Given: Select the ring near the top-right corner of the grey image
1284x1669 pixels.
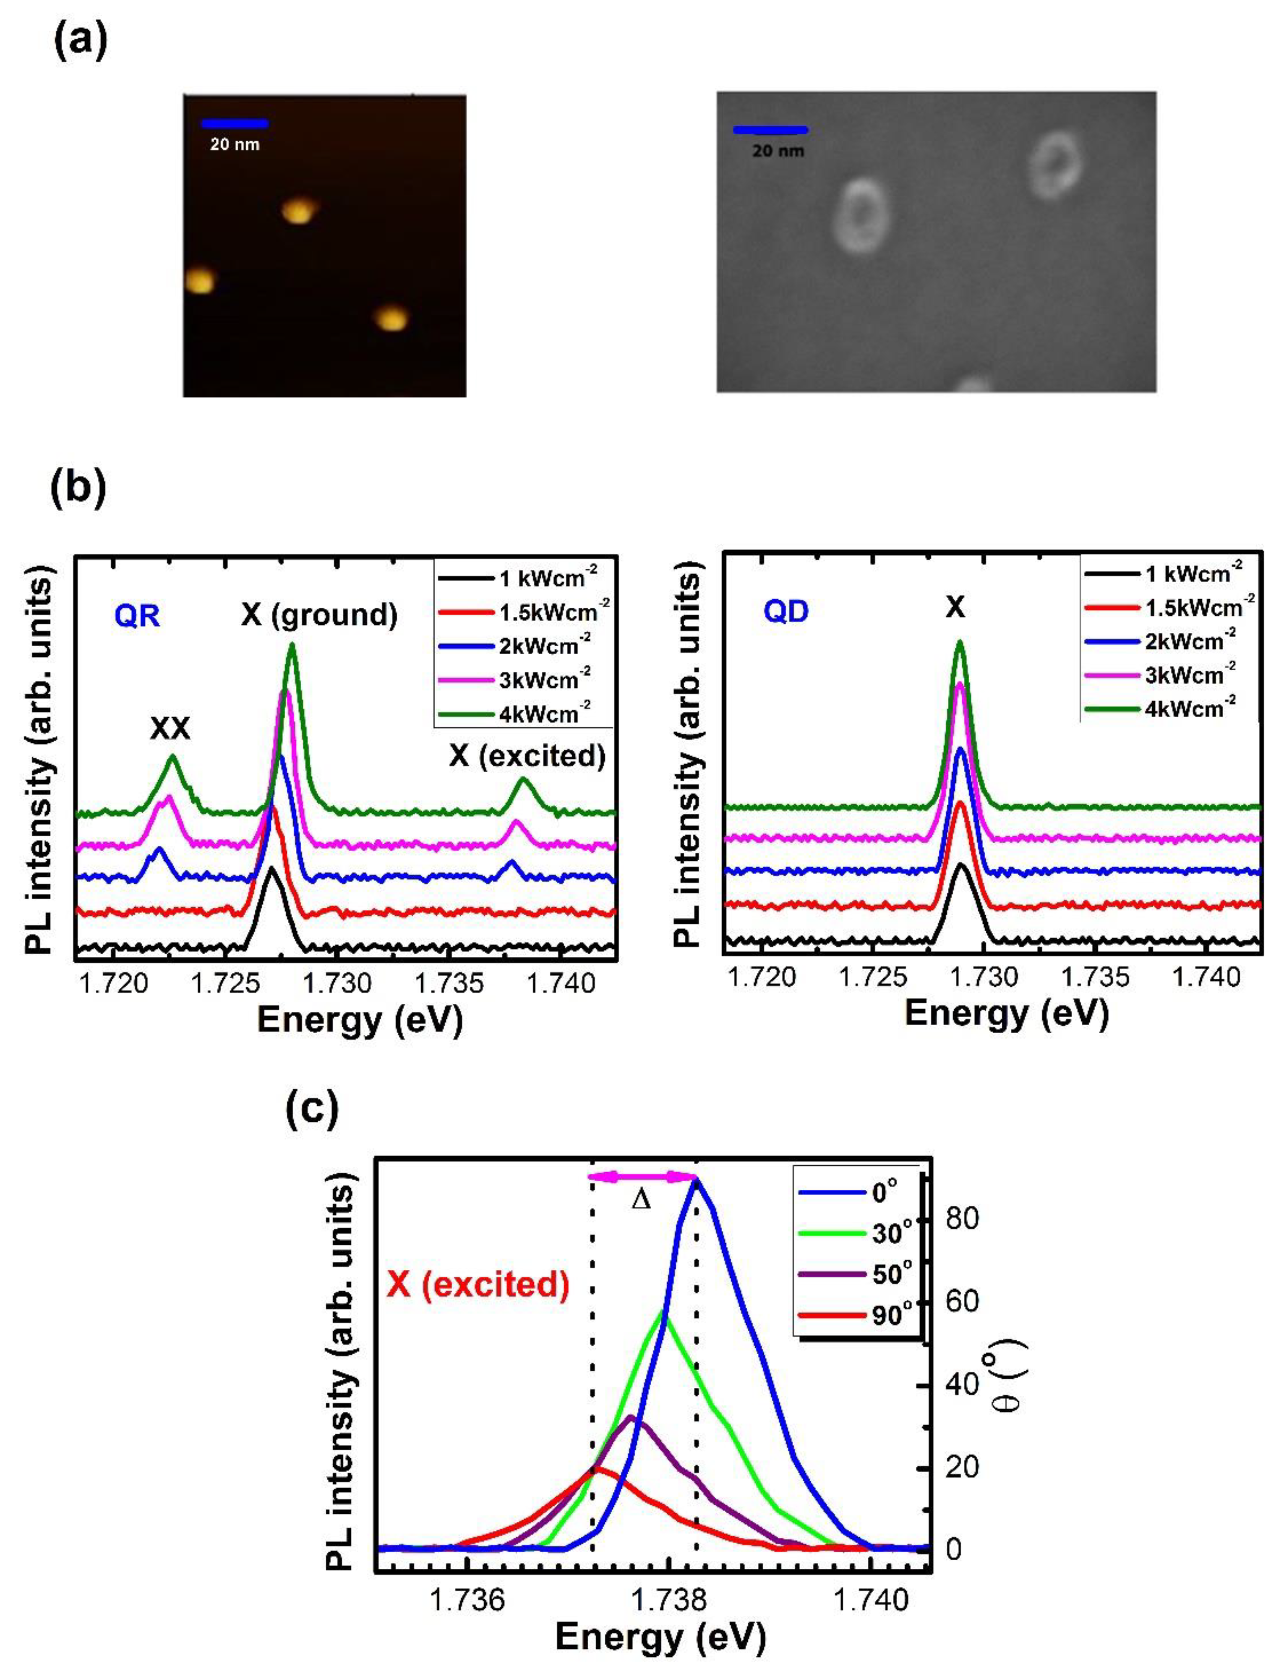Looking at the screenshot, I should click(1055, 164).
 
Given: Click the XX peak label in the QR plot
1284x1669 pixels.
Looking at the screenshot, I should click(170, 729).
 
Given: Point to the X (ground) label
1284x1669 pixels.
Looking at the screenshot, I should click(319, 614).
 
